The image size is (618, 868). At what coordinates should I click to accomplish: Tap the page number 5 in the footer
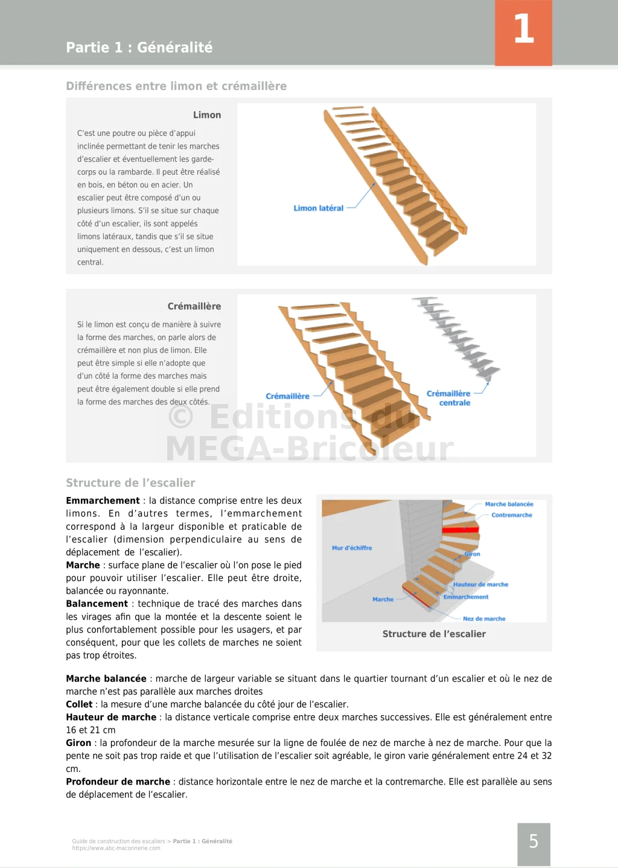534,841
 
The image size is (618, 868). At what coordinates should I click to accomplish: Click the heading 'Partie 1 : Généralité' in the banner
139,47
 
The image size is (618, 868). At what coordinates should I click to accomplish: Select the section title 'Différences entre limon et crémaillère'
176,86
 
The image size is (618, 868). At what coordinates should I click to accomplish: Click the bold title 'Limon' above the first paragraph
207,115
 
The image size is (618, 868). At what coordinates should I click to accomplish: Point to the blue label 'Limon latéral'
318,208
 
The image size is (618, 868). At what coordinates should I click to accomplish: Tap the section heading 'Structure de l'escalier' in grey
130,483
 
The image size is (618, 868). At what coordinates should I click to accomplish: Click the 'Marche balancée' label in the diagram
509,504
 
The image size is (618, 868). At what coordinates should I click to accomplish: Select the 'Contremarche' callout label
511,515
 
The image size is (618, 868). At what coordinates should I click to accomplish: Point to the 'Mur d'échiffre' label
352,548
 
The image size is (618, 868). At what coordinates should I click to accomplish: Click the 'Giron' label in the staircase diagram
472,554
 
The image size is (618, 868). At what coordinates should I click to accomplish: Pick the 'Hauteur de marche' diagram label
480,585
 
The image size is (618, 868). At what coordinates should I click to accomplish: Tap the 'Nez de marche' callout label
484,619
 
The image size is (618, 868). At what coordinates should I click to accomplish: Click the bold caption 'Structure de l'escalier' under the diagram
434,634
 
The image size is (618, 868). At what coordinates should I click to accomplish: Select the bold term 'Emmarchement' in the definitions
103,501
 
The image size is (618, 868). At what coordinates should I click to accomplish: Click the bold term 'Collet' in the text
79,704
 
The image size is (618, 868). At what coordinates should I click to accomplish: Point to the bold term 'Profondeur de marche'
118,782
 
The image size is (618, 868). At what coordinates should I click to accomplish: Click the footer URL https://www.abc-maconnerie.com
116,848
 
